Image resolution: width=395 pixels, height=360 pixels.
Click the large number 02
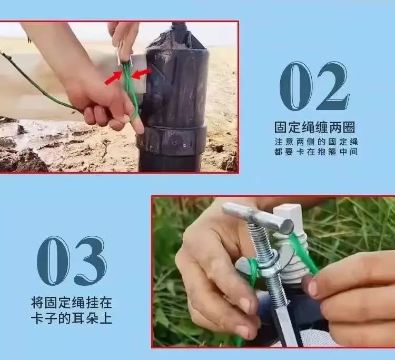pos(314,86)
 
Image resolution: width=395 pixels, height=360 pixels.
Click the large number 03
pos(72,261)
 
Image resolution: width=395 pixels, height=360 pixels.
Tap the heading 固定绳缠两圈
pos(314,127)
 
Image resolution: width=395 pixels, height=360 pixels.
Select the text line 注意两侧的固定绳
pos(316,142)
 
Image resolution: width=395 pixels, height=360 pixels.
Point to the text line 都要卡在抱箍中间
pos(316,152)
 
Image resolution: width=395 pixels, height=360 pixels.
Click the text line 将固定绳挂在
pos(72,302)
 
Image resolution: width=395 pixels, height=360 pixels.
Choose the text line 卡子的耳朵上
pos(72,318)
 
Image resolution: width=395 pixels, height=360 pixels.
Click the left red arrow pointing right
pos(113,78)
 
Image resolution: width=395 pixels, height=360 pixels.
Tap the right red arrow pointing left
pos(142,74)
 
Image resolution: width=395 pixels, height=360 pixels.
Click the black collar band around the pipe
pos(171,140)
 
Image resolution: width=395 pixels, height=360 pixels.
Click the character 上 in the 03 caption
pos(106,318)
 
